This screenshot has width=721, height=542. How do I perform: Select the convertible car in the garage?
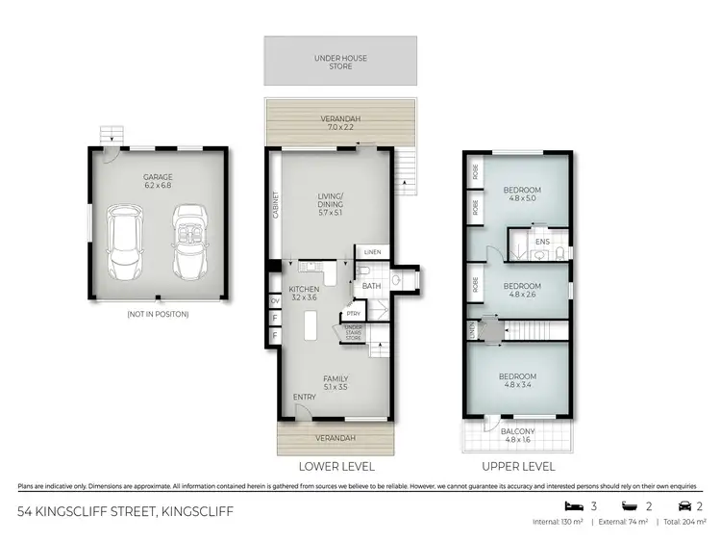tap(188, 239)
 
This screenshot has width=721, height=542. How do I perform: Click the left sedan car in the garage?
tap(125, 242)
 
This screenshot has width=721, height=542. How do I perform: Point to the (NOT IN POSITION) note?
tap(158, 314)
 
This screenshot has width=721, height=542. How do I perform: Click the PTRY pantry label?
tap(354, 313)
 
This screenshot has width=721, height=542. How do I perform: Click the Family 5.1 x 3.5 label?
tap(336, 383)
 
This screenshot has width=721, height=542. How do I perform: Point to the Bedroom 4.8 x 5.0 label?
tap(522, 195)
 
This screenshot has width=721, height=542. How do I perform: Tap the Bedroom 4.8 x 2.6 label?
tap(522, 291)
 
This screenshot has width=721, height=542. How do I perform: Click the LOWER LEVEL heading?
tap(336, 466)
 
